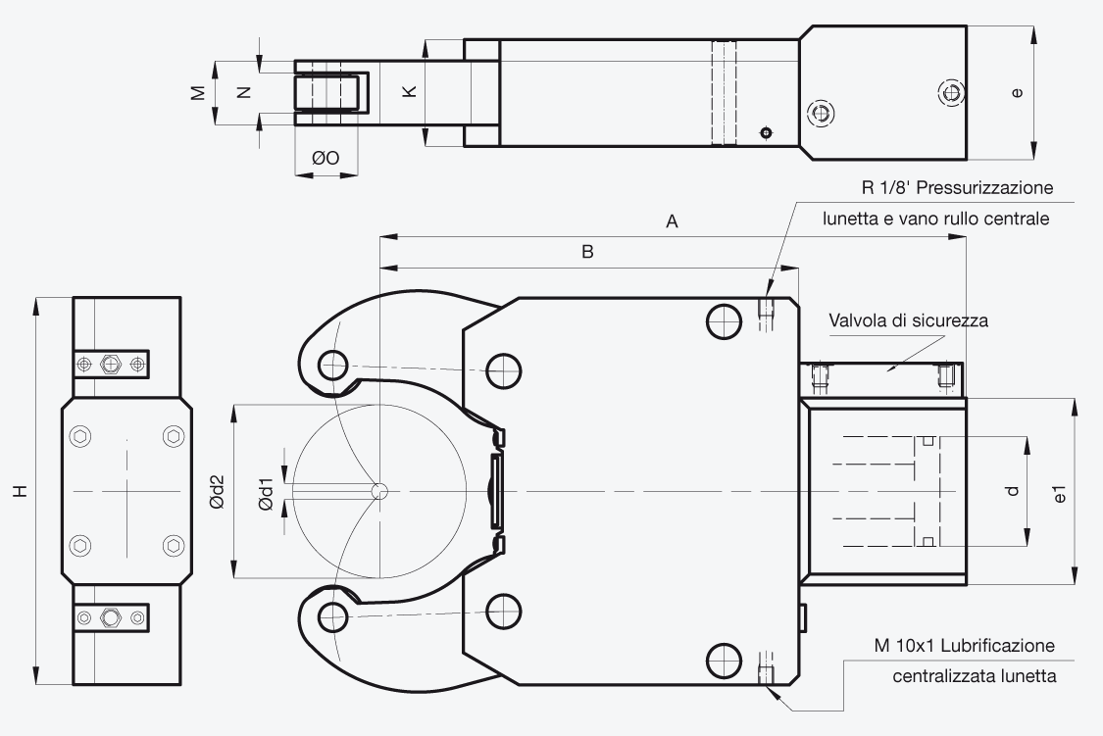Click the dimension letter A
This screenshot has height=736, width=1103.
pyautogui.click(x=672, y=221)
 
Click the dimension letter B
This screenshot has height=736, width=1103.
pyautogui.click(x=587, y=252)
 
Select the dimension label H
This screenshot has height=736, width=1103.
pyautogui.click(x=21, y=490)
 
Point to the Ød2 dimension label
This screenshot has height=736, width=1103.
pyautogui.click(x=217, y=491)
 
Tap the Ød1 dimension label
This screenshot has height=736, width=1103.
pyautogui.click(x=266, y=494)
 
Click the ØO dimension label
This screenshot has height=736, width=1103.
pyautogui.click(x=326, y=158)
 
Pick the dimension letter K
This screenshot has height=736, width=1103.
pyautogui.click(x=410, y=91)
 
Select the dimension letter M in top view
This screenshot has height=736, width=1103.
pyautogui.click(x=198, y=92)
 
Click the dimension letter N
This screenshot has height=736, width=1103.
pyautogui.click(x=243, y=92)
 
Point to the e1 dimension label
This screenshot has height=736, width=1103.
pyautogui.click(x=1060, y=494)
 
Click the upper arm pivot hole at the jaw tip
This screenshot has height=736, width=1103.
pyautogui.click(x=332, y=366)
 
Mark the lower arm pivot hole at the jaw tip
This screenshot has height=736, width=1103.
pyautogui.click(x=332, y=616)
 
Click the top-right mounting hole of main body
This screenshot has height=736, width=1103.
pyautogui.click(x=724, y=321)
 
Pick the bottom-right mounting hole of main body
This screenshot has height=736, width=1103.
pyautogui.click(x=724, y=660)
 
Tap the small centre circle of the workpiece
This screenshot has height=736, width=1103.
pyautogui.click(x=379, y=491)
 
